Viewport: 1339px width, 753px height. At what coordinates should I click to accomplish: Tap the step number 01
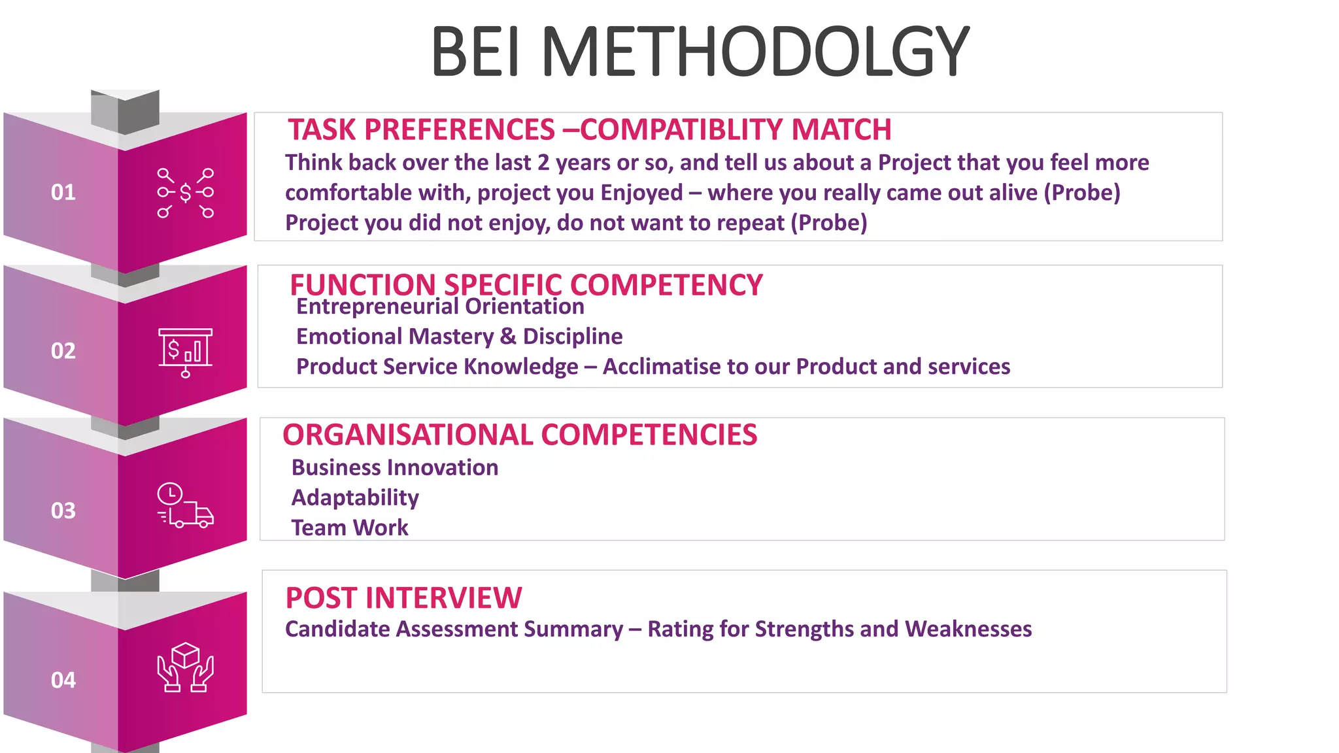(x=63, y=192)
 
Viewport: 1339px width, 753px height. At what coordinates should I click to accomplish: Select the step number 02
(x=63, y=351)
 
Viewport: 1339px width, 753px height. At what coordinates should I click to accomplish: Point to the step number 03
(x=63, y=510)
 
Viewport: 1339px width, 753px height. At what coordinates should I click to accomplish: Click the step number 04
(x=63, y=680)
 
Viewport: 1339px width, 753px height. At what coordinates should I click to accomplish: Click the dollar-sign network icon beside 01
(x=186, y=193)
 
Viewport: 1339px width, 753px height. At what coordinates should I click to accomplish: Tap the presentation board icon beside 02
(x=186, y=352)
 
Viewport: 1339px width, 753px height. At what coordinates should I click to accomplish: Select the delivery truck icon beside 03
(x=186, y=506)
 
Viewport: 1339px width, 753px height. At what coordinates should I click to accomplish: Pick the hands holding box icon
(x=186, y=667)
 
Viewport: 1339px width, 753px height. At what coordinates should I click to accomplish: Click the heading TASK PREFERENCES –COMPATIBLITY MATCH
(x=589, y=129)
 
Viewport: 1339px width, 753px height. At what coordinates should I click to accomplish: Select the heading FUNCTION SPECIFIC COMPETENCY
(x=526, y=285)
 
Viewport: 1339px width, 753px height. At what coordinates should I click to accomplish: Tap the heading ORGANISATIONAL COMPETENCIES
(x=520, y=435)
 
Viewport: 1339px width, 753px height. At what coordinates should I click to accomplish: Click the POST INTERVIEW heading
(x=403, y=598)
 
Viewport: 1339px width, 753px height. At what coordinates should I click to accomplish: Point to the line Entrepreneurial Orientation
(x=440, y=307)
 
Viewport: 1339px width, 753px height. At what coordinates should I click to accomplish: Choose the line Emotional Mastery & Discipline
(x=459, y=337)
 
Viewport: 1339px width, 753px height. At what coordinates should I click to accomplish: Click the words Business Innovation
(x=395, y=468)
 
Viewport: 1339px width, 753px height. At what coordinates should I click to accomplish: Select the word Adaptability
(x=355, y=498)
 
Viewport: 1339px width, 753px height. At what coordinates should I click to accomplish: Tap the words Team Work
(x=350, y=528)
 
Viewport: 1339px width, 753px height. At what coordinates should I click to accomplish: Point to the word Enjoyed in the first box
(x=641, y=193)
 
